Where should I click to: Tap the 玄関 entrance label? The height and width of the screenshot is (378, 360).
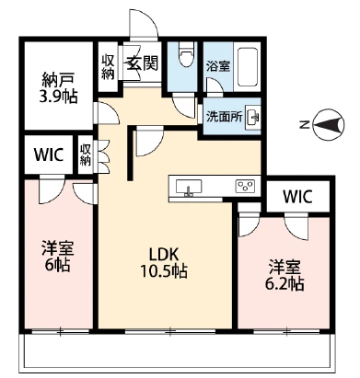(140, 63)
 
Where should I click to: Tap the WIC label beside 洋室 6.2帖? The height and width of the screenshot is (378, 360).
(297, 197)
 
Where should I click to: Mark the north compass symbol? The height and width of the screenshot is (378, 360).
(325, 120)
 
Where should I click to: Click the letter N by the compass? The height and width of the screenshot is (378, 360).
(303, 120)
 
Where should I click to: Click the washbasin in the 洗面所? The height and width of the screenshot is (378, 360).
(252, 118)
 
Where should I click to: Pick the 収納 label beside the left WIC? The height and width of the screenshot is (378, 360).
(86, 154)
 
